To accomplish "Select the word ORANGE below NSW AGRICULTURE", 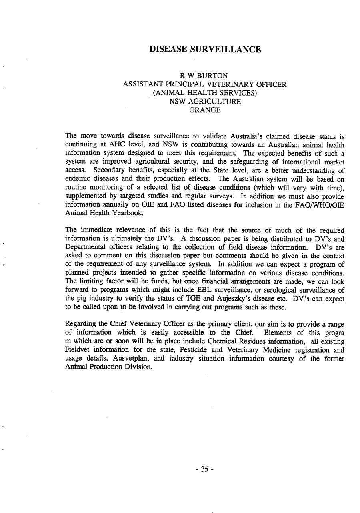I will point(205,110).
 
